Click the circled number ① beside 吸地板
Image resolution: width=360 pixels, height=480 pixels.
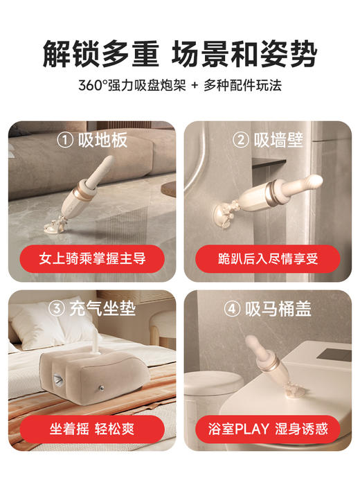[x=65, y=141]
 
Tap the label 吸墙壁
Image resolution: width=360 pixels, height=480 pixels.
[x=278, y=141]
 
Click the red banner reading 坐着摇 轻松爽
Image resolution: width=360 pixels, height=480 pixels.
[x=91, y=428]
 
